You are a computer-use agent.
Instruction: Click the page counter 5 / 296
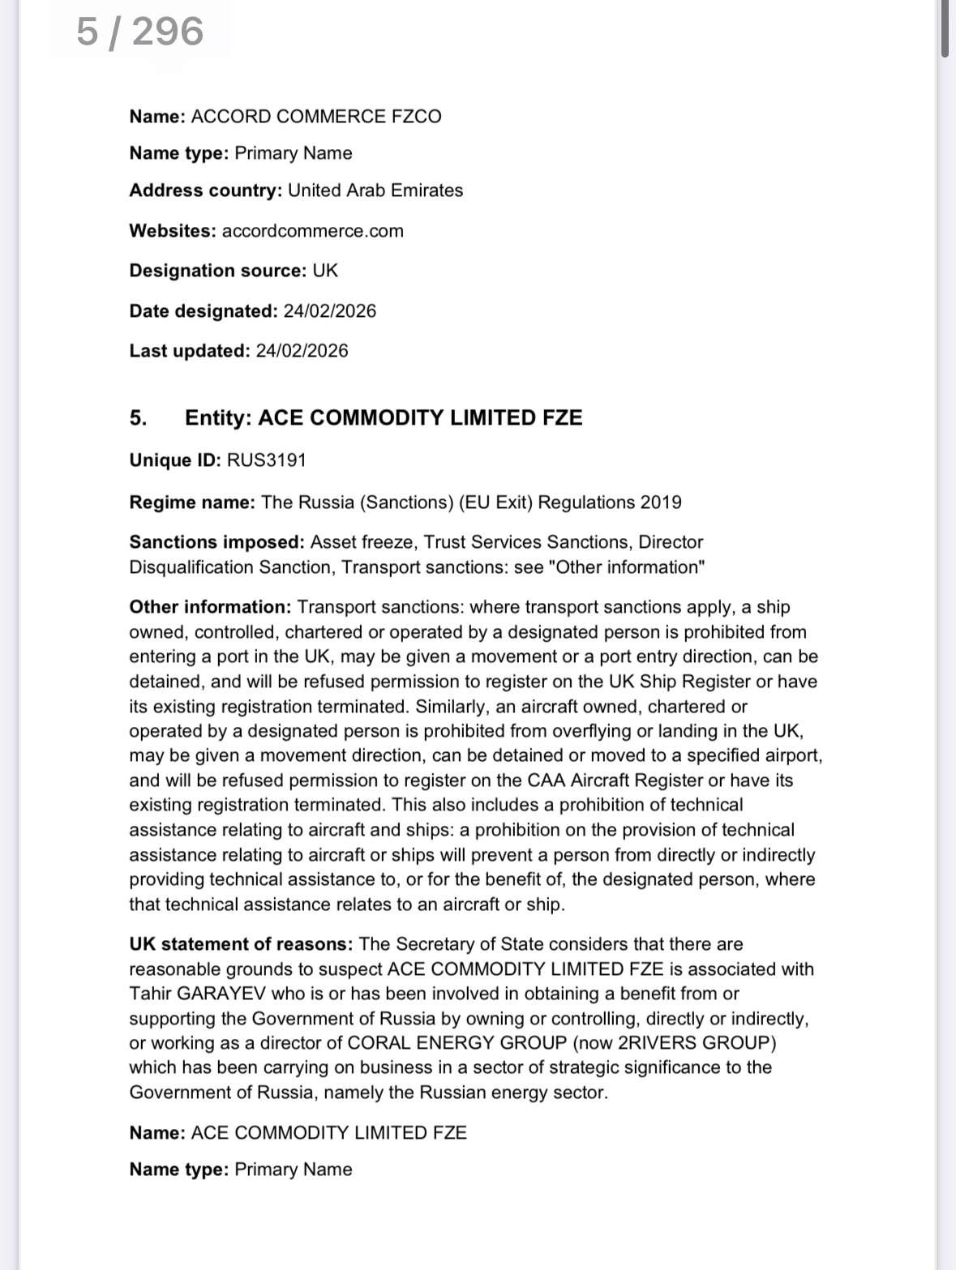[x=139, y=32]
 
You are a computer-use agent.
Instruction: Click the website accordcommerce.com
[x=312, y=231]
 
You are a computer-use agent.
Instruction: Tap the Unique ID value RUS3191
[x=266, y=460]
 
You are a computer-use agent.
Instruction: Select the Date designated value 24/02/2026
[x=329, y=311]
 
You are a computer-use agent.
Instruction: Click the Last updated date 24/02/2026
[x=302, y=351]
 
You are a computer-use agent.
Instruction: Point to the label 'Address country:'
[x=205, y=190]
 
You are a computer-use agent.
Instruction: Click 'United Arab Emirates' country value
[x=375, y=190]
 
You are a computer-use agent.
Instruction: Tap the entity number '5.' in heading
[x=138, y=418]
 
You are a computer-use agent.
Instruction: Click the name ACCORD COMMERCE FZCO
[x=316, y=117]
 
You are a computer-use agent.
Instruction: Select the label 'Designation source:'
[x=217, y=271]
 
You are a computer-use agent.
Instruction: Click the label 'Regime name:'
[x=192, y=502]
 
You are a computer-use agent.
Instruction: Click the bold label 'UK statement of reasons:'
[x=241, y=944]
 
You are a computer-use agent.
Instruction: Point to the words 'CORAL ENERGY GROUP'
[x=457, y=1043]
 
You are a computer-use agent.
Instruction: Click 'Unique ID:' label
[x=175, y=460]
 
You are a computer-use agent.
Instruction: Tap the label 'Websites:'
[x=173, y=231]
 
